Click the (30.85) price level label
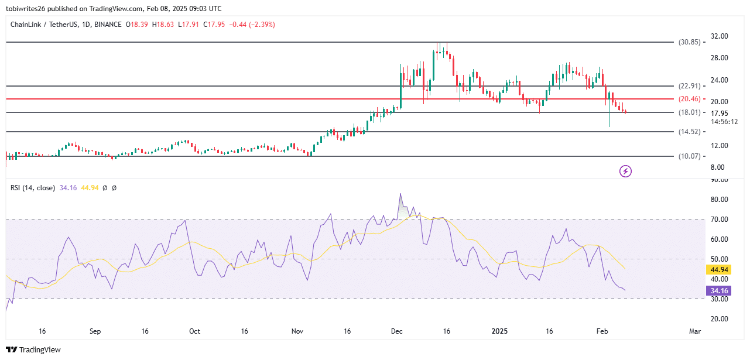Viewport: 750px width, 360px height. [689, 42]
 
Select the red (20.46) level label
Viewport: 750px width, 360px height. [689, 99]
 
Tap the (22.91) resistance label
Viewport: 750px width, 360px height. [689, 86]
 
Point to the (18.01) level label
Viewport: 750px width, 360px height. [689, 112]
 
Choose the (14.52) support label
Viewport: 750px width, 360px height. [689, 132]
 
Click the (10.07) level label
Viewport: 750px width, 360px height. [689, 156]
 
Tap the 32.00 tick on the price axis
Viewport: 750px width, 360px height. [720, 36]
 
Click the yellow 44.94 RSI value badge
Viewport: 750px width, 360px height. [720, 270]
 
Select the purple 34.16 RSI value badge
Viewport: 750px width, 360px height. [720, 290]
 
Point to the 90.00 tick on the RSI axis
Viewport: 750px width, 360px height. [720, 180]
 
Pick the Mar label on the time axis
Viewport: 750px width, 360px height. [694, 331]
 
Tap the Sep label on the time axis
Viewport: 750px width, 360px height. [95, 331]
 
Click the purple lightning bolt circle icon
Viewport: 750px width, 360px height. [625, 171]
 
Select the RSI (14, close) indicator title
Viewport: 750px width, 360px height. [33, 188]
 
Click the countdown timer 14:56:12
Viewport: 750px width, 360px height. [724, 122]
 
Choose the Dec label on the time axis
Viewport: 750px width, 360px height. [397, 331]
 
